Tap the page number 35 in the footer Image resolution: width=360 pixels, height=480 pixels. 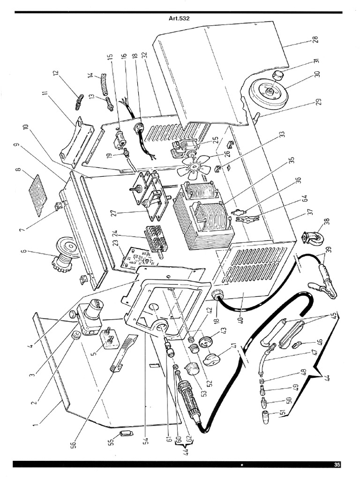(337, 465)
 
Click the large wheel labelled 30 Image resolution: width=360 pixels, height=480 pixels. (267, 92)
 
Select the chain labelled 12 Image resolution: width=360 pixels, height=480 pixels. (79, 101)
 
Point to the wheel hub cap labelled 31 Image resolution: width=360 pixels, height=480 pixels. (278, 74)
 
